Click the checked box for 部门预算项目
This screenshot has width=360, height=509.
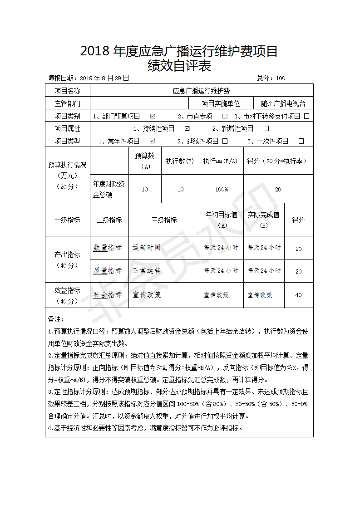(x=153, y=116)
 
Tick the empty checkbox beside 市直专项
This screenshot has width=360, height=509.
(x=225, y=116)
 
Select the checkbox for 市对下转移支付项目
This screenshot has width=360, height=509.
(x=307, y=116)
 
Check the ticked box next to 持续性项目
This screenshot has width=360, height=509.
(x=187, y=128)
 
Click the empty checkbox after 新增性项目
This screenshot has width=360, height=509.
(x=266, y=128)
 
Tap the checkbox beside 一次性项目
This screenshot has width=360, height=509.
(x=301, y=141)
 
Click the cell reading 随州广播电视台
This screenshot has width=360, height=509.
(x=283, y=103)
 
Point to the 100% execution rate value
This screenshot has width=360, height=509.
(x=222, y=189)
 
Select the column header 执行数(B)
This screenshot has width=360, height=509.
(x=180, y=161)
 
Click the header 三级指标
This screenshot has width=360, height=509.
(x=164, y=220)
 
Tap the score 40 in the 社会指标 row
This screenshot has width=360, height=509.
(x=298, y=295)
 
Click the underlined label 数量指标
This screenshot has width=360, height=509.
(x=108, y=248)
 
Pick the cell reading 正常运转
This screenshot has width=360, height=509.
(x=147, y=271)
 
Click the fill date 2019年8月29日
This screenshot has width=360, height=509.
(x=104, y=78)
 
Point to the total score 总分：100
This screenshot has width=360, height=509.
(x=271, y=78)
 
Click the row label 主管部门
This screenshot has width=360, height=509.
(x=67, y=103)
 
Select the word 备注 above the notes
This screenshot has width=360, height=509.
(x=56, y=319)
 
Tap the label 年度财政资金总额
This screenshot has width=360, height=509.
(x=109, y=189)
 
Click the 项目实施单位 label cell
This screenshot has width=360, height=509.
(x=221, y=103)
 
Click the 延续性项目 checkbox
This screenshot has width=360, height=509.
(x=225, y=141)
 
